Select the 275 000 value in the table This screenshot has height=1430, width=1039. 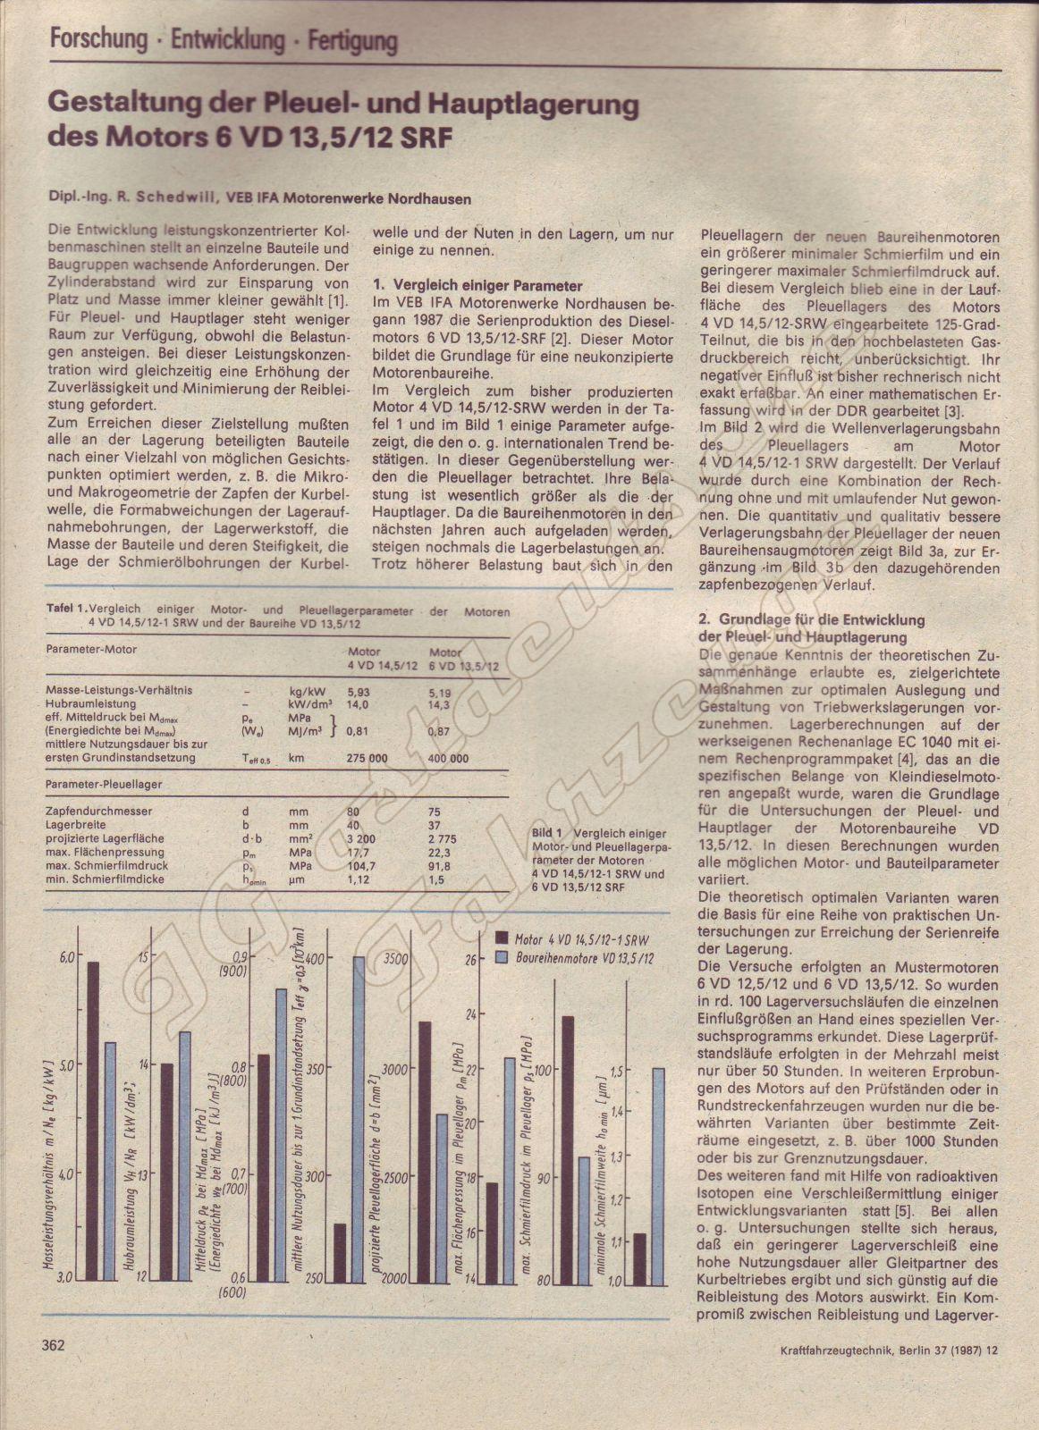(367, 759)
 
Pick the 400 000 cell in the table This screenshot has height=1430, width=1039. (448, 759)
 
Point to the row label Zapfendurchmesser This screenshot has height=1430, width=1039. (98, 812)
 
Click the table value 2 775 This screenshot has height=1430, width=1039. (443, 839)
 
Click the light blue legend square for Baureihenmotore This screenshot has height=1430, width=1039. (501, 957)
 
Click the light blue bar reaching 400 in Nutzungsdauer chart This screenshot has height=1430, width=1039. (359, 1118)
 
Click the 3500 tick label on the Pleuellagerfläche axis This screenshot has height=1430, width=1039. (394, 957)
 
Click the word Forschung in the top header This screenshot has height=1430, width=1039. (98, 39)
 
